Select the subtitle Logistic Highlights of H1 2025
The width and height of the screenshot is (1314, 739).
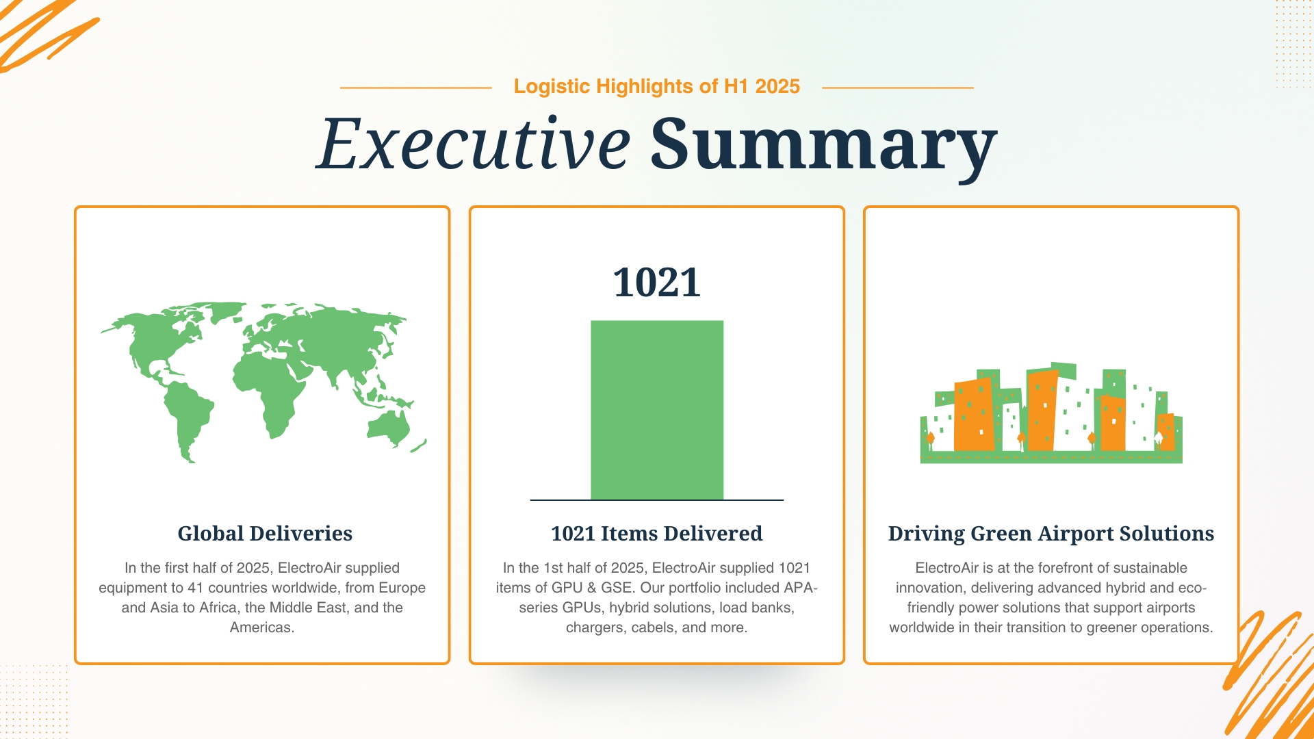click(656, 87)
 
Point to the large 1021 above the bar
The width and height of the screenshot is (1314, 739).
click(656, 283)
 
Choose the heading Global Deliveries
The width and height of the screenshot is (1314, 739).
click(265, 534)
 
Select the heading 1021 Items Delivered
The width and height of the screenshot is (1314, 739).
click(656, 534)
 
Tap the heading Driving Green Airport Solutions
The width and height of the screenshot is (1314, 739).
click(1051, 534)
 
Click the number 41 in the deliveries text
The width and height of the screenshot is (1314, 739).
click(196, 588)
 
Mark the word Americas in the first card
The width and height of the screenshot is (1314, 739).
click(261, 627)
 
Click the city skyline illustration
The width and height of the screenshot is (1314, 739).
click(1051, 414)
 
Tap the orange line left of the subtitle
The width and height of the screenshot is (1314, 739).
click(415, 88)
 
